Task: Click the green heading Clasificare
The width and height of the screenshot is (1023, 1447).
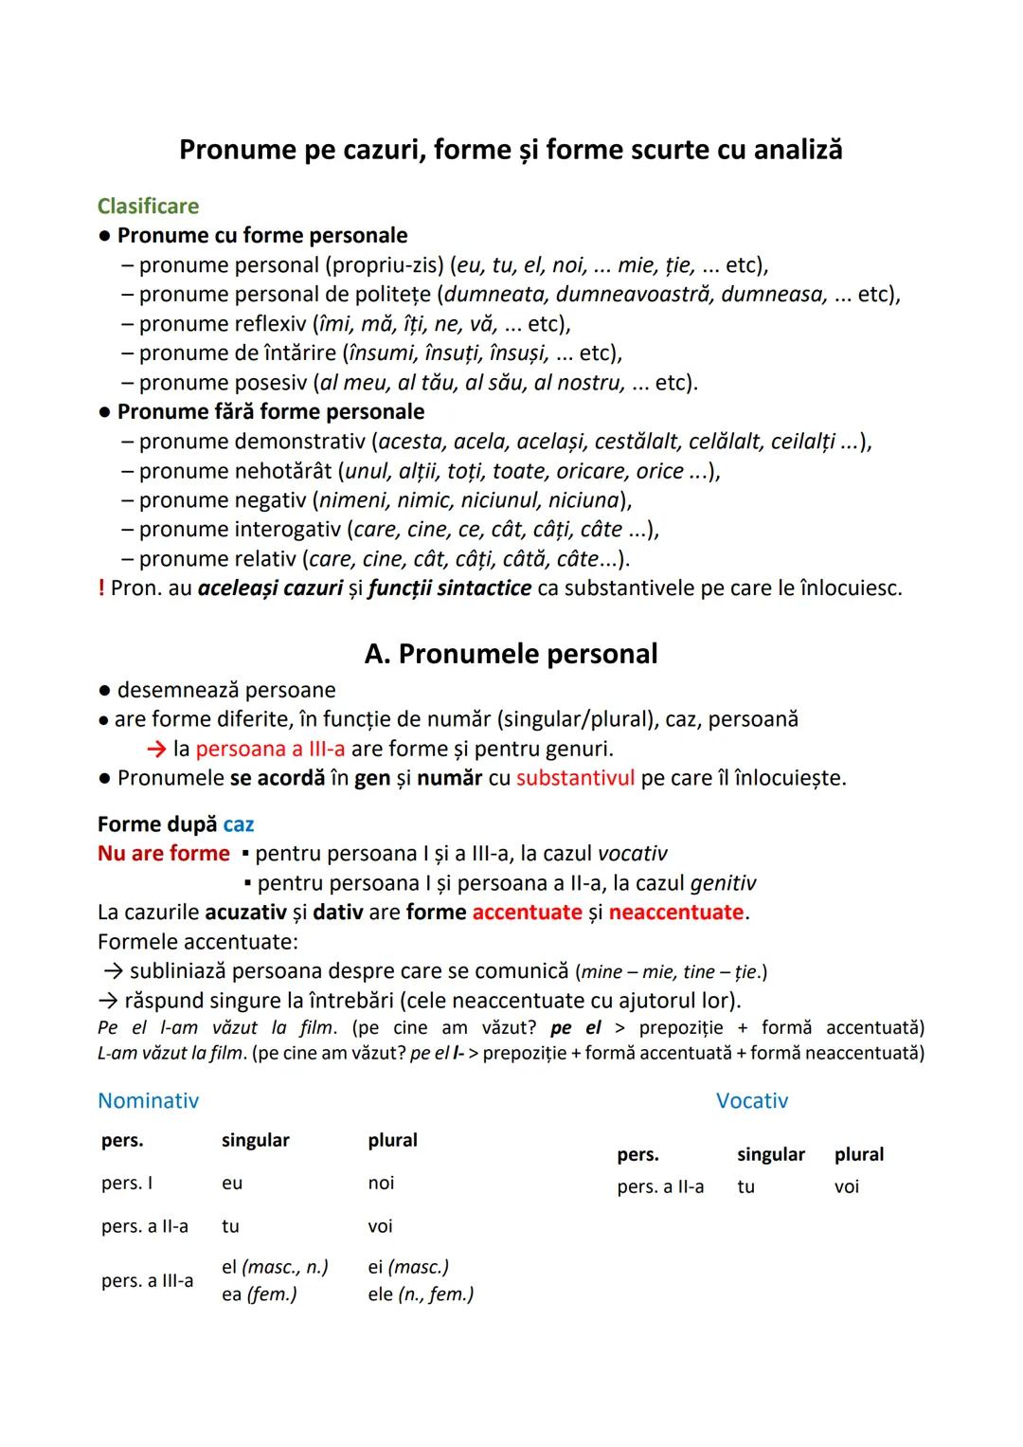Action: [x=148, y=206]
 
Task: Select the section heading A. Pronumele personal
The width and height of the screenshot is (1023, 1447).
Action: [x=511, y=654]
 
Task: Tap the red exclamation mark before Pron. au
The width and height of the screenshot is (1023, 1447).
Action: [x=101, y=588]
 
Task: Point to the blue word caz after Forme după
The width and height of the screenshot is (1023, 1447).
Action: [x=239, y=824]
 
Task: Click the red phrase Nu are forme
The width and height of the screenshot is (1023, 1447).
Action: [x=163, y=854]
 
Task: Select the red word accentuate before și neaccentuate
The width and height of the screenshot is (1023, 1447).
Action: [x=527, y=913]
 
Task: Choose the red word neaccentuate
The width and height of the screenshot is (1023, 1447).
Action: [x=676, y=913]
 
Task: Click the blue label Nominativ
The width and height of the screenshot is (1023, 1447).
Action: [x=148, y=1100]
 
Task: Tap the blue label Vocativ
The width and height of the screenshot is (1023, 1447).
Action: [x=752, y=1100]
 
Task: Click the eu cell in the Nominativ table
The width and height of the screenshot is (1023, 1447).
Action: [x=232, y=1183]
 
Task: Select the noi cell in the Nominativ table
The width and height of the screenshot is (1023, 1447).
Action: [x=381, y=1183]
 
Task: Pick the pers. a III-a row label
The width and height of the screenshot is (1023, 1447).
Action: [x=147, y=1280]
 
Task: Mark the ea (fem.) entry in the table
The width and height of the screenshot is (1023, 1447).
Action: [x=259, y=1293]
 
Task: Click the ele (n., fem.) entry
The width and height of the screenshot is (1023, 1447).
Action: [x=421, y=1293]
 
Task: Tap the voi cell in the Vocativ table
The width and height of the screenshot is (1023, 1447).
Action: [x=847, y=1186]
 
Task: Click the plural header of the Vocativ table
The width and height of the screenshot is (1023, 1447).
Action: [x=859, y=1154]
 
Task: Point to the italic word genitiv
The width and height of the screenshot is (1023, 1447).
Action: [x=723, y=883]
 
